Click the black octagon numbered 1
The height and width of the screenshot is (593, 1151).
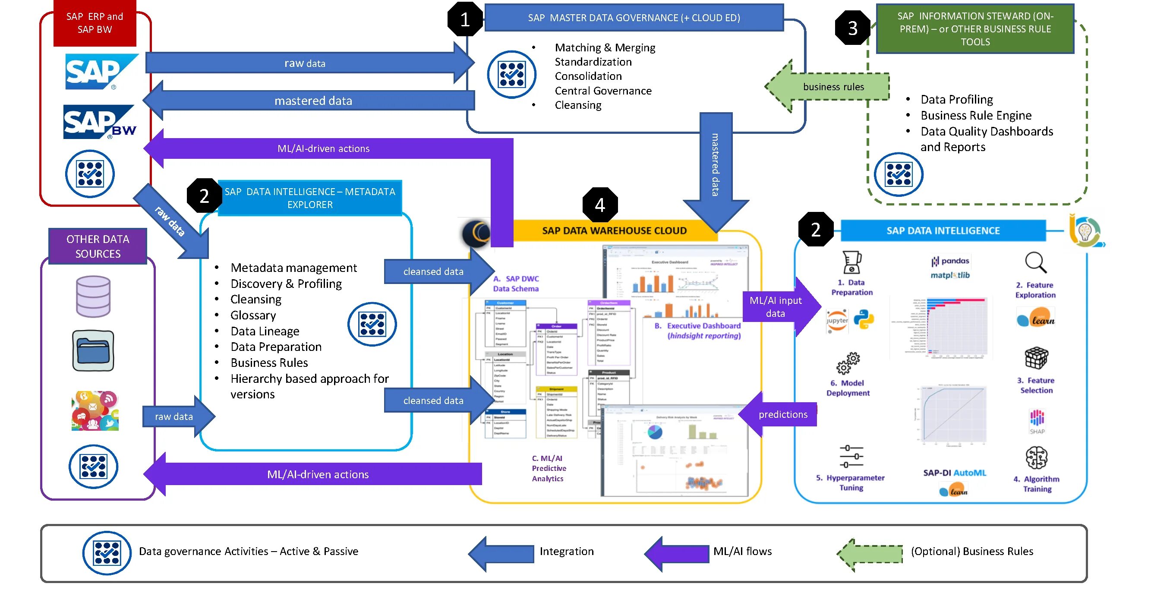tap(465, 19)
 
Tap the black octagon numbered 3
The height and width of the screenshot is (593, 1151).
tap(852, 28)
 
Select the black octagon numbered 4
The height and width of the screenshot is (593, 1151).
tap(599, 205)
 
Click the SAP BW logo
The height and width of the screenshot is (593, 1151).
tap(99, 122)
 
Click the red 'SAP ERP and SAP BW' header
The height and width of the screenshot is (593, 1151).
tap(95, 23)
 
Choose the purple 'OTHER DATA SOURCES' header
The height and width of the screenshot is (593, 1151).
tap(98, 246)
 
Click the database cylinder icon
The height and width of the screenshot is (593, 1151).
tap(93, 296)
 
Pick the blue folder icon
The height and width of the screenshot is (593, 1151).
tap(93, 351)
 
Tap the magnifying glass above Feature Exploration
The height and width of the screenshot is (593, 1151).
tap(1035, 262)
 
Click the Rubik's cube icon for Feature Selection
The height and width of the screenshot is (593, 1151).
tap(1036, 358)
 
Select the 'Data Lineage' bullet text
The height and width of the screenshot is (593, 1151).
tap(265, 331)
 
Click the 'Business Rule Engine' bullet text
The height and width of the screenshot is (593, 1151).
tap(975, 115)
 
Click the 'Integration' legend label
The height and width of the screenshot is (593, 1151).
tap(566, 551)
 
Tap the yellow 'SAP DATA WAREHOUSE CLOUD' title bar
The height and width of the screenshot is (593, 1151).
tap(614, 230)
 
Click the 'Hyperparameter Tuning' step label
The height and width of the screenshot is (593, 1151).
tap(850, 483)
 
